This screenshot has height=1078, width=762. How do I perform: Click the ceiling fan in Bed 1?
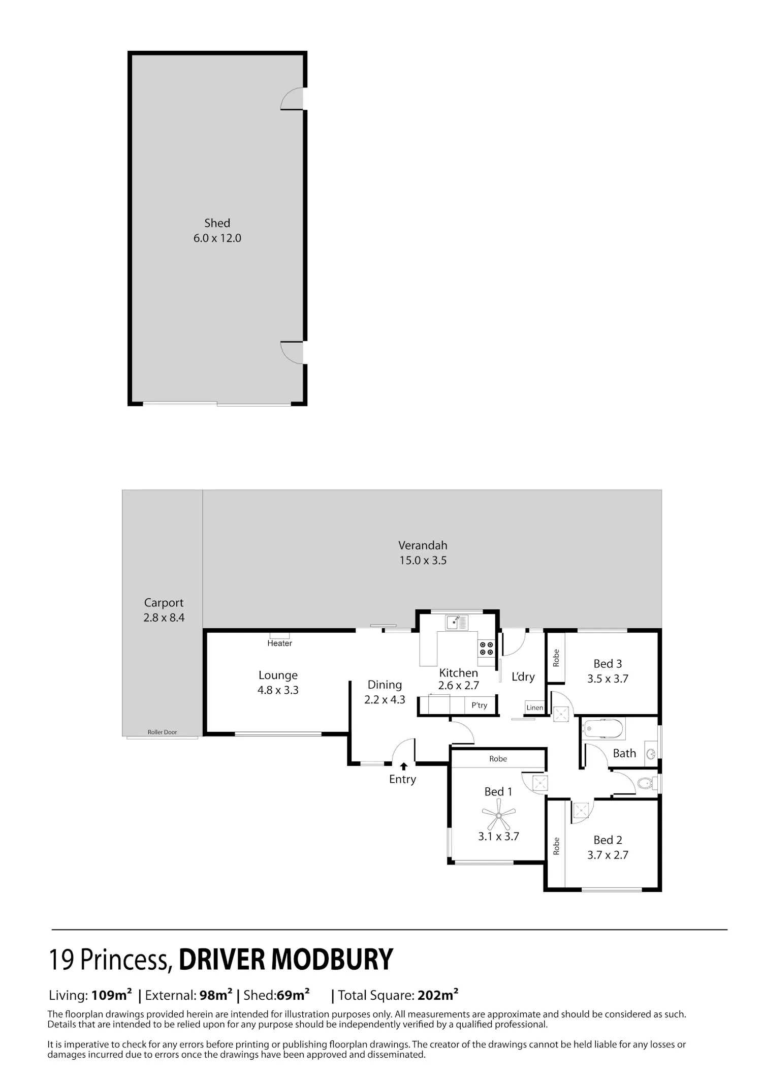point(498,815)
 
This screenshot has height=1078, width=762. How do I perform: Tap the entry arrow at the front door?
point(404,766)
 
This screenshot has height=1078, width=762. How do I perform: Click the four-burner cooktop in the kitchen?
point(486,648)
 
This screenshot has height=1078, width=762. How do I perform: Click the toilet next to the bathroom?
point(646,784)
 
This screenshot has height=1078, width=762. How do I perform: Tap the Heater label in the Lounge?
point(280,643)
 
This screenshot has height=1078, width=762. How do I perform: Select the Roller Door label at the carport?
point(163,732)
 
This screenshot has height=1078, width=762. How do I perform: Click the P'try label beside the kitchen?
point(480,705)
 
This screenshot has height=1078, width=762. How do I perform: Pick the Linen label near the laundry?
point(535,707)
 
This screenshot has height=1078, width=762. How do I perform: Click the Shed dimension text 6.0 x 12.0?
point(217,238)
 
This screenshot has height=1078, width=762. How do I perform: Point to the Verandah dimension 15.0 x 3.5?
point(423,561)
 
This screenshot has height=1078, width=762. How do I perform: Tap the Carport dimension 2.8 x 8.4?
point(164,618)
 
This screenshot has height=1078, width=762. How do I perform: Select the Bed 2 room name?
point(608,840)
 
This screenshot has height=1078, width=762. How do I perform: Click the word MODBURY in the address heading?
point(332,960)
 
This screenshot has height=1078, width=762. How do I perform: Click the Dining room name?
point(385,685)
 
